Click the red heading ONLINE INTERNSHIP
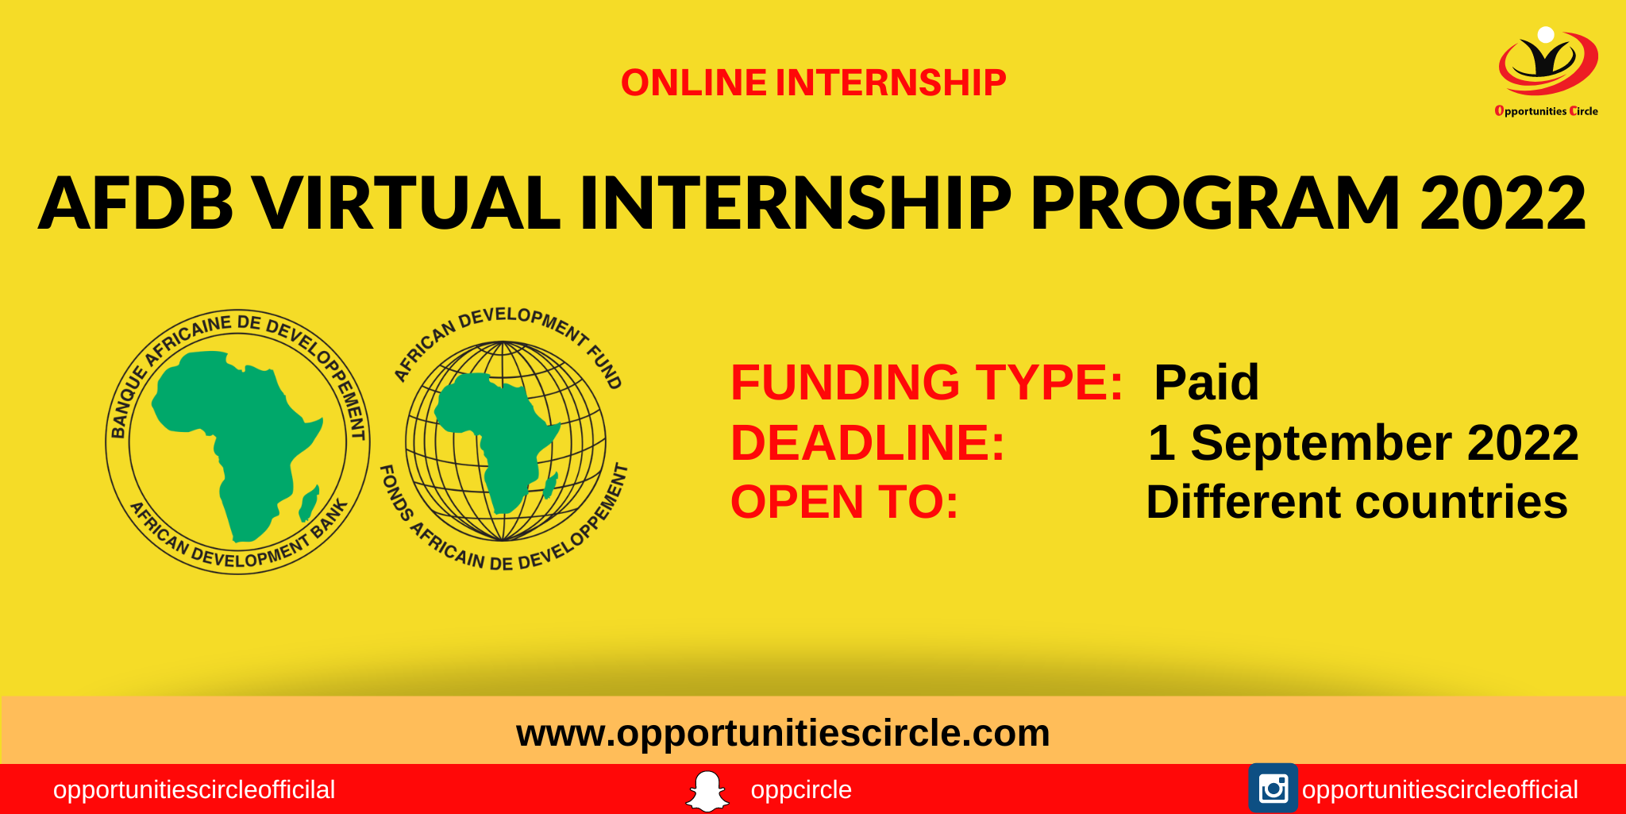(813, 83)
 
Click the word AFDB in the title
(136, 203)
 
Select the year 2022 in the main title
(1502, 203)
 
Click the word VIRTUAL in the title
(406, 203)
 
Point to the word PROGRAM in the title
(1215, 203)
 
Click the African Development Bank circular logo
(237, 442)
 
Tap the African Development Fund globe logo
(506, 442)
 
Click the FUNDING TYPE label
(927, 382)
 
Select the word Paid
(1206, 382)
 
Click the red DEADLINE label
(867, 442)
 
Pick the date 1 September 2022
(1363, 442)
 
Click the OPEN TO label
(844, 502)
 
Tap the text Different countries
(1357, 502)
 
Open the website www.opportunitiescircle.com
(783, 732)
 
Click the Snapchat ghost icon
(707, 791)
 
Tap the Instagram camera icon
(1273, 789)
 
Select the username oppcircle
(801, 790)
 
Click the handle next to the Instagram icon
(1439, 790)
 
